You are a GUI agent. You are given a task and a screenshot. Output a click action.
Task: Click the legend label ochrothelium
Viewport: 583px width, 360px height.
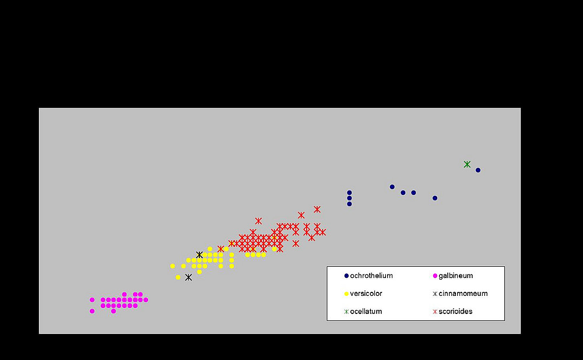371,276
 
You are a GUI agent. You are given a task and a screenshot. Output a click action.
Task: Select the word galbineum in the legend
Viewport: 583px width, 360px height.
456,276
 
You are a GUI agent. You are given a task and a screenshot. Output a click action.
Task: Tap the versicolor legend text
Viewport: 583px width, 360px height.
366,294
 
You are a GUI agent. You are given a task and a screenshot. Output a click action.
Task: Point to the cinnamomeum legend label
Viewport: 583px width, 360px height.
463,294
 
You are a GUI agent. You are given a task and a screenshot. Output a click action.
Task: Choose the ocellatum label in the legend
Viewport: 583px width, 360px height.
366,312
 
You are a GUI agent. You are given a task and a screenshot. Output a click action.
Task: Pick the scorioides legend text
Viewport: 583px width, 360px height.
455,312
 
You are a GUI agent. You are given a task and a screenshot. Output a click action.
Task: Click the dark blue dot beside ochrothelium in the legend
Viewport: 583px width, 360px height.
346,276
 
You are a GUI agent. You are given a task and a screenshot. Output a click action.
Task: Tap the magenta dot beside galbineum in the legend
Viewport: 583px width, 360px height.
435,276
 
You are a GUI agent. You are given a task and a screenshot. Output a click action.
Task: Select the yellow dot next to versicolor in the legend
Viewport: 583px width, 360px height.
346,294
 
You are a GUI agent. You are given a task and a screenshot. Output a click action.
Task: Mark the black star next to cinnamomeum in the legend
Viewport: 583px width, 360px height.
435,294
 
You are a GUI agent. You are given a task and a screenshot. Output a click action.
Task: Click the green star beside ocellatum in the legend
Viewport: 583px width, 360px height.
346,312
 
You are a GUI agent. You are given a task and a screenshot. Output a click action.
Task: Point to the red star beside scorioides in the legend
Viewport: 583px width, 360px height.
435,312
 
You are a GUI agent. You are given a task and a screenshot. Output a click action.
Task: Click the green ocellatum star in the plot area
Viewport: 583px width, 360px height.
467,164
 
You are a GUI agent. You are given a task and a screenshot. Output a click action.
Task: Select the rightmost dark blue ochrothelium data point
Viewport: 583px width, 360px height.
478,170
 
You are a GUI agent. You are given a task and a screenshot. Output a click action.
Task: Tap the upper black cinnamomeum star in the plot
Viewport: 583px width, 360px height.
199,255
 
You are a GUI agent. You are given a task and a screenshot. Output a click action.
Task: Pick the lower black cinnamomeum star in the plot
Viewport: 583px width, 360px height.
188,277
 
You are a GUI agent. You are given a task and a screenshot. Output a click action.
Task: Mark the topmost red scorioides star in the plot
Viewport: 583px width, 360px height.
317,209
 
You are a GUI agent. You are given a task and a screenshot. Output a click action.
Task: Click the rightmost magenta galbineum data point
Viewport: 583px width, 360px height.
146,300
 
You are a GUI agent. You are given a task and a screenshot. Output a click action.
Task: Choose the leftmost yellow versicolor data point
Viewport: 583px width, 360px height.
173,266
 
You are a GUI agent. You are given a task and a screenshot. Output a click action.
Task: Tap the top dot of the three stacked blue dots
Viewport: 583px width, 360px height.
349,192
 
